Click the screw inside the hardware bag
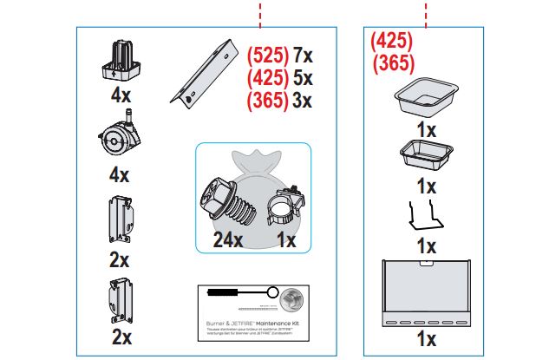226,205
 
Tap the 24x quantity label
227,240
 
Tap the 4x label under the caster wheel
119,174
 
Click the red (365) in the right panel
392,62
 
